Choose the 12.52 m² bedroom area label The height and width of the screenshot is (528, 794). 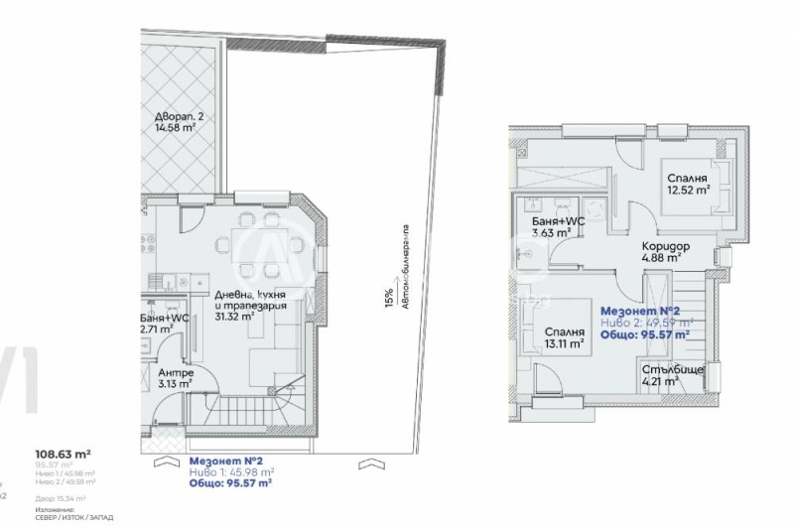688,189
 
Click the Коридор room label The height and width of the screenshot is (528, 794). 665,247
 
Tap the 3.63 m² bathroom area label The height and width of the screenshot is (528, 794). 552,233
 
